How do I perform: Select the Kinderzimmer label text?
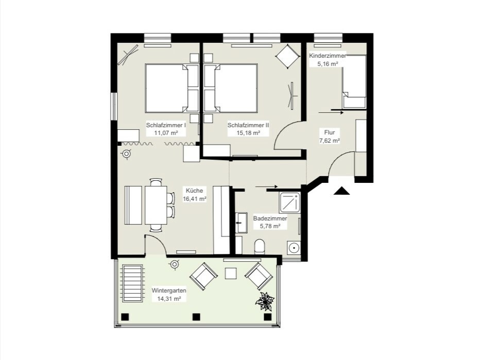(328, 56)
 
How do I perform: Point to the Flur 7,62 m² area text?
(330, 141)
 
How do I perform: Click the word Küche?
(194, 190)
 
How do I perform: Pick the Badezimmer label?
(270, 218)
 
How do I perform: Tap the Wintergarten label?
(169, 290)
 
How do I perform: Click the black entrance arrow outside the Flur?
(341, 191)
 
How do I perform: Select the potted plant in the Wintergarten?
(265, 301)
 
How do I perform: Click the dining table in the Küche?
(156, 204)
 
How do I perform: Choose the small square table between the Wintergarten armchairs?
(231, 273)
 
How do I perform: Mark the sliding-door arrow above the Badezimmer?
(266, 186)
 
